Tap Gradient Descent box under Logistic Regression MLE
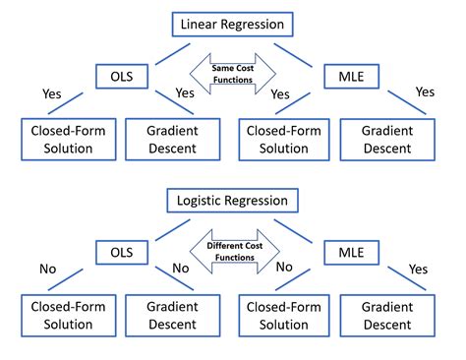coord(391,318)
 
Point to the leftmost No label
coord(46,269)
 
